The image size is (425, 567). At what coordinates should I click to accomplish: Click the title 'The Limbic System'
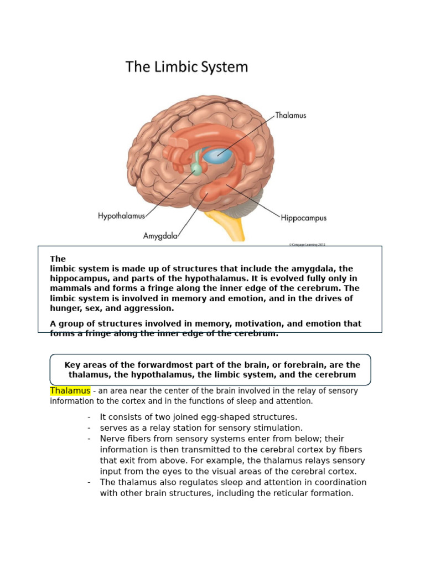coord(186,67)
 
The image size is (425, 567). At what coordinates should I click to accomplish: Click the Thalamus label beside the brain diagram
coord(291,116)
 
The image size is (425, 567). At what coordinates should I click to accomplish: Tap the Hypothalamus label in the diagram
coord(121,215)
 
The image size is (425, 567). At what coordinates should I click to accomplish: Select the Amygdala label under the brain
coord(160,235)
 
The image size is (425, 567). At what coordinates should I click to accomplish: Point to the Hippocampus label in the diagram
coord(304,218)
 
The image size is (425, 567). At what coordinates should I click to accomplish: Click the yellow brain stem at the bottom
coord(228,227)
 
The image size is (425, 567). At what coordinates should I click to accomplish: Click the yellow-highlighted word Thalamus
coord(70,391)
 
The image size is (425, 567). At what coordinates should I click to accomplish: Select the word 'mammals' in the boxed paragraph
coord(72,288)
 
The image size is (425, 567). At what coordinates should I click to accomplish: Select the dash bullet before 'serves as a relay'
coord(89,428)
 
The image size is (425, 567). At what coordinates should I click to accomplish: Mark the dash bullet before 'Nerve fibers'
coord(89,439)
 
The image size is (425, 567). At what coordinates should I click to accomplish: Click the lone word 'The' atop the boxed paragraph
coord(58,259)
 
